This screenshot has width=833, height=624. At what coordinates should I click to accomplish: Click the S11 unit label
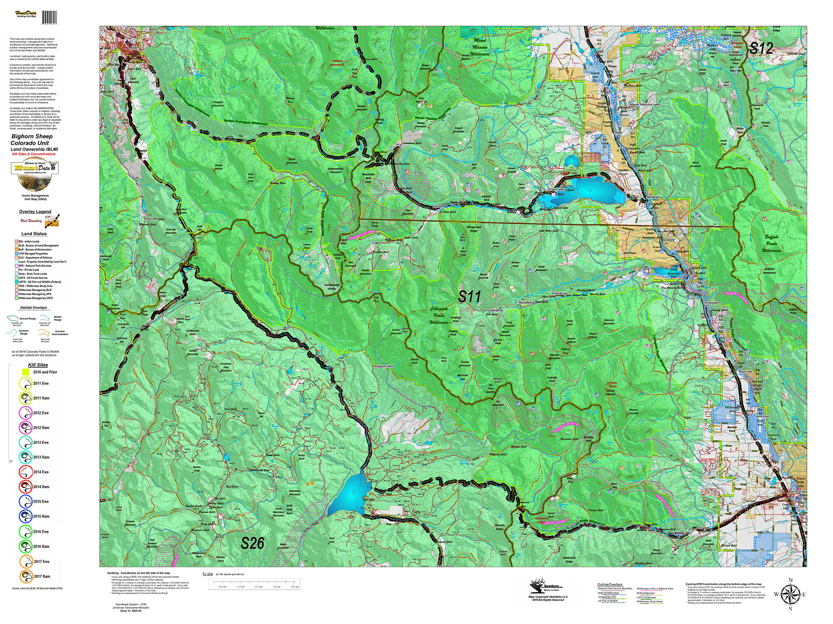pyautogui.click(x=469, y=297)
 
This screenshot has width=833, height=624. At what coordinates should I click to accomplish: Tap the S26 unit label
pyautogui.click(x=252, y=543)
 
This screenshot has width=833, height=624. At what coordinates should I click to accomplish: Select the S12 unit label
pyautogui.click(x=761, y=48)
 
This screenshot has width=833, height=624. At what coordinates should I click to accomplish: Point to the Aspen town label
pyautogui.click(x=134, y=48)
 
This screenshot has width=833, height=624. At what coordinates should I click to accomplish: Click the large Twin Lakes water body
pyautogui.click(x=599, y=190)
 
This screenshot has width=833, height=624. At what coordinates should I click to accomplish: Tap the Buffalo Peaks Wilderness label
pyautogui.click(x=771, y=243)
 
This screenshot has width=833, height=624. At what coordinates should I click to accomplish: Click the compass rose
pyautogui.click(x=790, y=595)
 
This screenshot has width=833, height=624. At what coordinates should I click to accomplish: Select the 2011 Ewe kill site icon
pyautogui.click(x=26, y=383)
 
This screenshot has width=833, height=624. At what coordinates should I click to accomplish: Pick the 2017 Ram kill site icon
pyautogui.click(x=26, y=576)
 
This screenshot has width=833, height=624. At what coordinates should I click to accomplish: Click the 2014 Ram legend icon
pyautogui.click(x=26, y=487)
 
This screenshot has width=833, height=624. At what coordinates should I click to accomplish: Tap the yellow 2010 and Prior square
pyautogui.click(x=26, y=372)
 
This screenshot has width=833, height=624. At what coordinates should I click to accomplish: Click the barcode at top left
pyautogui.click(x=49, y=17)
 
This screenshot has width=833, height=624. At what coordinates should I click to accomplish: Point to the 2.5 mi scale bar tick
pyautogui.click(x=259, y=586)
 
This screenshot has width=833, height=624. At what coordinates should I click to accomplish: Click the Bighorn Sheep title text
pyautogui.click(x=32, y=136)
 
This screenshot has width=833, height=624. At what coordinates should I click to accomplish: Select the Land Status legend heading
pyautogui.click(x=34, y=234)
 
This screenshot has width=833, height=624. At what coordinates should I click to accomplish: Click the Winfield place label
pyautogui.click(x=497, y=310)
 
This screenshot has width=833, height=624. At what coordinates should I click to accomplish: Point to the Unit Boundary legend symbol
pyautogui.click(x=53, y=221)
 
